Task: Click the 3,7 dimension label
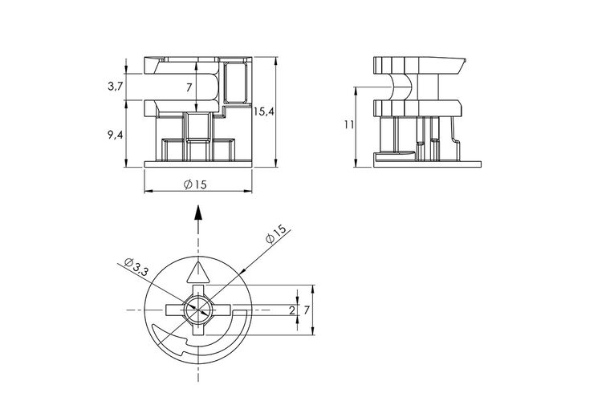(x=115, y=87)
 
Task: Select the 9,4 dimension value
(x=115, y=135)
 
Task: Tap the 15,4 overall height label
(x=264, y=111)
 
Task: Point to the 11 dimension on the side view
(x=349, y=125)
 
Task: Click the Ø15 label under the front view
(x=195, y=184)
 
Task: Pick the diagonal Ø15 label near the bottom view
(x=276, y=233)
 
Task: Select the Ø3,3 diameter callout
(x=136, y=267)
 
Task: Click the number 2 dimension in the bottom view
(x=292, y=310)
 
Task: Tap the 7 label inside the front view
(x=189, y=88)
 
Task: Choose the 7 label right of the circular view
(x=307, y=310)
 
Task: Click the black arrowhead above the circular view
(x=198, y=212)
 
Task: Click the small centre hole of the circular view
(x=197, y=310)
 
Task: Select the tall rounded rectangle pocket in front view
(x=235, y=83)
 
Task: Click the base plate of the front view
(x=198, y=164)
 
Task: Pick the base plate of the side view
(x=427, y=164)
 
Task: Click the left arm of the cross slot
(x=176, y=310)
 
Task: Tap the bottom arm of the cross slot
(x=197, y=328)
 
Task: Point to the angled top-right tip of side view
(x=466, y=59)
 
